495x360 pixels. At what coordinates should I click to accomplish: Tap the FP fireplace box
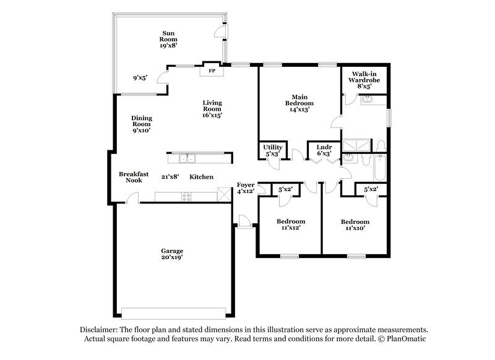(x=211, y=71)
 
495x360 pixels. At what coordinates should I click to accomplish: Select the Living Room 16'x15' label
(x=212, y=108)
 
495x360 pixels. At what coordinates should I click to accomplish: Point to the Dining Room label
(x=141, y=124)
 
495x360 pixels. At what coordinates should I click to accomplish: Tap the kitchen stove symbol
(x=186, y=197)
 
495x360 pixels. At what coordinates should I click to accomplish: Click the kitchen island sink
(x=186, y=157)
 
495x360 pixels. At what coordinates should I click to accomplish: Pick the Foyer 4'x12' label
(x=246, y=188)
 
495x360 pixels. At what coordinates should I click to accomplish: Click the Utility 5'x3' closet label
(x=272, y=150)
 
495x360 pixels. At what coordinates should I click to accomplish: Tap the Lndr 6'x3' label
(x=324, y=150)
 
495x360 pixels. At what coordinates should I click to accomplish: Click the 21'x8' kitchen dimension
(x=170, y=177)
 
